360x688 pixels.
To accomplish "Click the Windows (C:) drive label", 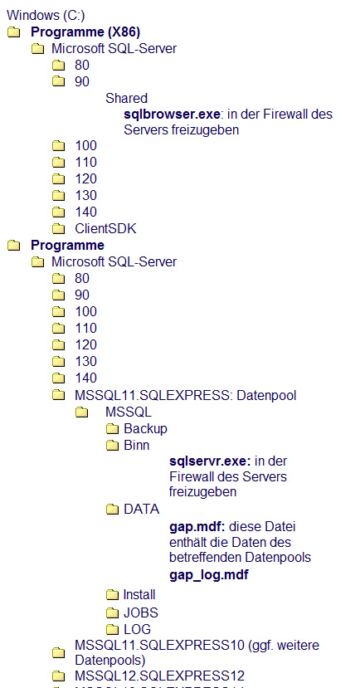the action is (x=46, y=16).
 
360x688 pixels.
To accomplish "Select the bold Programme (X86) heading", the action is (x=85, y=32).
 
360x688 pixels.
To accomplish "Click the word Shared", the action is (x=126, y=98).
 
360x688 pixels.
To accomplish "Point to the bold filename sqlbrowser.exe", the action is (x=172, y=114).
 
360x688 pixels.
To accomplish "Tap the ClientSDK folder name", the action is (x=105, y=228).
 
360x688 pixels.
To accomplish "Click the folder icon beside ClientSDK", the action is (x=58, y=228).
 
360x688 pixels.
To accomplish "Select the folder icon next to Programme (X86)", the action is (x=14, y=32).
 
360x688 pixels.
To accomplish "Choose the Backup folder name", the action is (x=146, y=428).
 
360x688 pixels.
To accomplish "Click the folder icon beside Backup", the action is (x=113, y=429).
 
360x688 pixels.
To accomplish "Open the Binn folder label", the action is (x=137, y=445).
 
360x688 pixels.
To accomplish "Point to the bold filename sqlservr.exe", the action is (x=210, y=461).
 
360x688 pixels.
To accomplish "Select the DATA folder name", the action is (x=142, y=509).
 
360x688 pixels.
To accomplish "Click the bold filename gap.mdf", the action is (x=197, y=525).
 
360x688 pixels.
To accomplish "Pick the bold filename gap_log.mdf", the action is (x=209, y=575).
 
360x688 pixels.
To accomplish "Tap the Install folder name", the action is (x=139, y=594).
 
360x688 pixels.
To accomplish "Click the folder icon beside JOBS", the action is (x=113, y=613).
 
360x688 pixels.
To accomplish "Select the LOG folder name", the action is (x=137, y=629).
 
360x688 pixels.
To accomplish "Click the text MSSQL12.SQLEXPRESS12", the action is (x=159, y=676).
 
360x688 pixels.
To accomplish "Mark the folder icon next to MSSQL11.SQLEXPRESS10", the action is (x=58, y=653).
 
